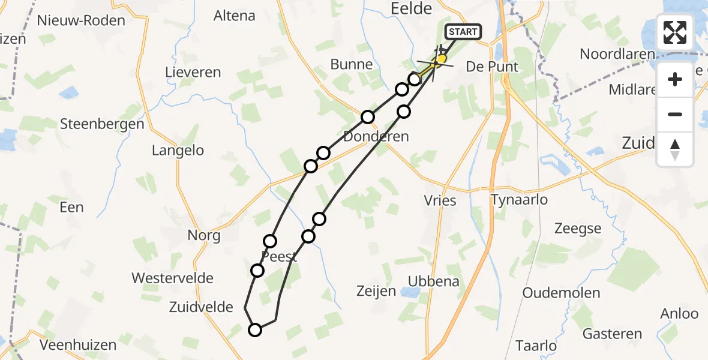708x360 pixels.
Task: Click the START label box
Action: click(463, 32)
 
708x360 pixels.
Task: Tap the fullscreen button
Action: click(675, 32)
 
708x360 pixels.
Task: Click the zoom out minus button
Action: click(675, 114)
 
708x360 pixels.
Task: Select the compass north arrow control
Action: click(675, 149)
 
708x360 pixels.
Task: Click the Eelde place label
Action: click(411, 8)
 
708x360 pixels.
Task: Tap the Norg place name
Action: click(203, 235)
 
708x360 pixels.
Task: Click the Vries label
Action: click(440, 200)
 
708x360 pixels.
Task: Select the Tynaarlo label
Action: click(519, 199)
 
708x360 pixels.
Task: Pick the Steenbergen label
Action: click(103, 124)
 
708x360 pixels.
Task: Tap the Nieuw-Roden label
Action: click(81, 20)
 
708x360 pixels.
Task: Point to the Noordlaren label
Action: click(617, 54)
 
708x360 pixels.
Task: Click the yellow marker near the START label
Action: click(442, 59)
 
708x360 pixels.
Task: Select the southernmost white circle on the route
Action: click(255, 329)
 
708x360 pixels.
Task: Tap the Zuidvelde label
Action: click(202, 307)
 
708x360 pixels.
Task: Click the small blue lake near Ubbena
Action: click(410, 292)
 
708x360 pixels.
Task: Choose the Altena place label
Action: click(234, 16)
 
